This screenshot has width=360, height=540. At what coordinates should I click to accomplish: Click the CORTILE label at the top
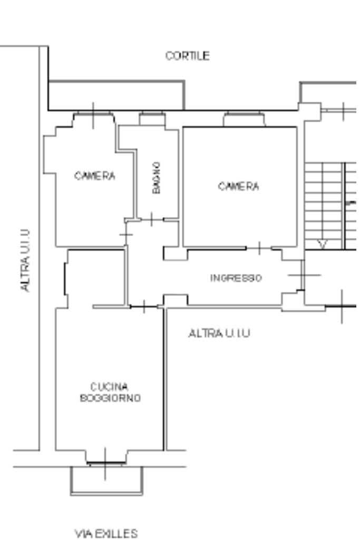point(188,56)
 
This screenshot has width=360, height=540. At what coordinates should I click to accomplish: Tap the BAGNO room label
point(157,178)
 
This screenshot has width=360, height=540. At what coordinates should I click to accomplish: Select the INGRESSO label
point(236,278)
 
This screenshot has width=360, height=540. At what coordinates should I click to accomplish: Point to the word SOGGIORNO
point(110,398)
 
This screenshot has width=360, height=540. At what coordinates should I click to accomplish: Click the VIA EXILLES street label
point(106,534)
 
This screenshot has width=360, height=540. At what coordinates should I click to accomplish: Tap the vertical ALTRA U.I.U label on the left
point(25,261)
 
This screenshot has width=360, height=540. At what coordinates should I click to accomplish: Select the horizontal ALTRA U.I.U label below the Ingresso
point(219,333)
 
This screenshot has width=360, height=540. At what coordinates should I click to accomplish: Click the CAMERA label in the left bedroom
point(95,176)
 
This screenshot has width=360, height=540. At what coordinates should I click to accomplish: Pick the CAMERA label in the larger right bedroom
point(238,186)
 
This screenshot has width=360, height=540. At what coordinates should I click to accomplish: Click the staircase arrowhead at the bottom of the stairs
point(323,244)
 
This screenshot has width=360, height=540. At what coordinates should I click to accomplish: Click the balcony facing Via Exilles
point(106,481)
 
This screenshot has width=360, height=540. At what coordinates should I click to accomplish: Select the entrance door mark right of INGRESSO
point(303,275)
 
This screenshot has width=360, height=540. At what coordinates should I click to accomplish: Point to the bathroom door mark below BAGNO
point(152,219)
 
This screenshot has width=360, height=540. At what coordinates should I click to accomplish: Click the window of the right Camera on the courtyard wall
point(244,119)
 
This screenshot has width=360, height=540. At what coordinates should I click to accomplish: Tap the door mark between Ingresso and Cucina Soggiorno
point(144,307)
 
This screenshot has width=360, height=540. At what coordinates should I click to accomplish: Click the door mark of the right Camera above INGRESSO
point(259,248)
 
